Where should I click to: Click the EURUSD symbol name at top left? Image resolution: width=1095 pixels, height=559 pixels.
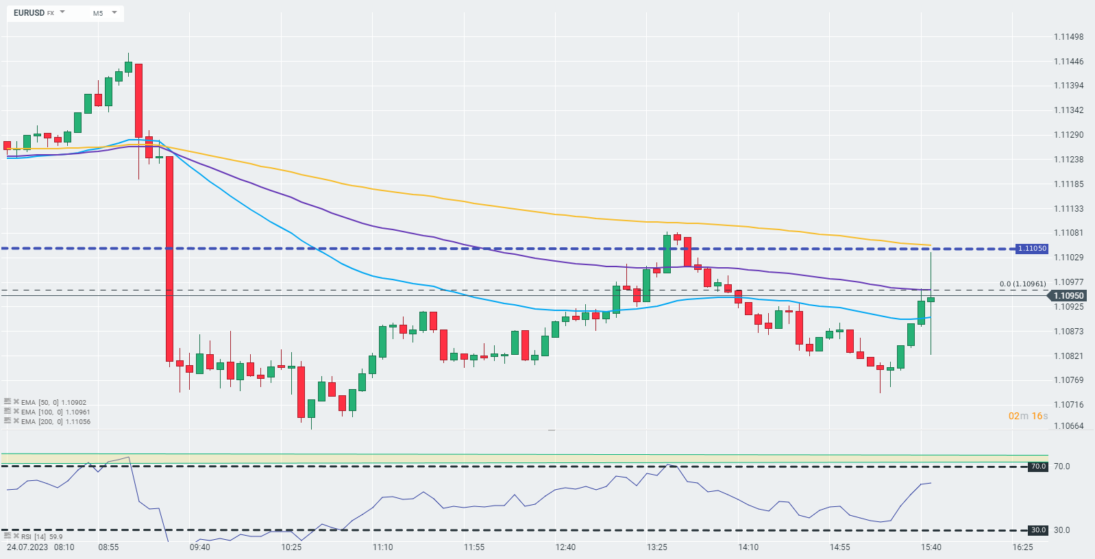[x=29, y=13]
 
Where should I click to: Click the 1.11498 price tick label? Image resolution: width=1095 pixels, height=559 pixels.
[x=1068, y=37]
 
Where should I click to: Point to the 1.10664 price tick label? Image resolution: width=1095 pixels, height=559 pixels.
[x=1068, y=426]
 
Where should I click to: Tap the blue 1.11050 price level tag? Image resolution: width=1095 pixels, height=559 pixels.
[x=1031, y=249]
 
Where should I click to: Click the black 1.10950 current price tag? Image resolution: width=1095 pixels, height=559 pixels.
[x=1068, y=296]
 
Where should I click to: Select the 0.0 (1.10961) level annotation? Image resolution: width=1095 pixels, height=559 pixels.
[x=1022, y=284]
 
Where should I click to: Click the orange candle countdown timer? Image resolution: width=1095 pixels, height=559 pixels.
[x=1028, y=416]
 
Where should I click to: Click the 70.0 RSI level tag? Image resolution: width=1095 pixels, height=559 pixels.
[x=1038, y=467]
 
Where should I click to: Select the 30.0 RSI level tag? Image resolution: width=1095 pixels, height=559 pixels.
[x=1038, y=530]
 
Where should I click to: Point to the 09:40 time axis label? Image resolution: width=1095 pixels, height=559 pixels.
[x=200, y=547]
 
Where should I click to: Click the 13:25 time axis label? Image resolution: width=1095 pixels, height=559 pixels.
[x=657, y=547]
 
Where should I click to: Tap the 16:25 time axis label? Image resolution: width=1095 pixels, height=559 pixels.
[x=1022, y=547]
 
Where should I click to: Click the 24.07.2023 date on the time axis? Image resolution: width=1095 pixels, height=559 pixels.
[x=27, y=547]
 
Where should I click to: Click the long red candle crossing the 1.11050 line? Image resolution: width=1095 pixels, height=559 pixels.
[x=169, y=258]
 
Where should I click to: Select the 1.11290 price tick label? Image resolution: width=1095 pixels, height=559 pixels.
[x=1068, y=135]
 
